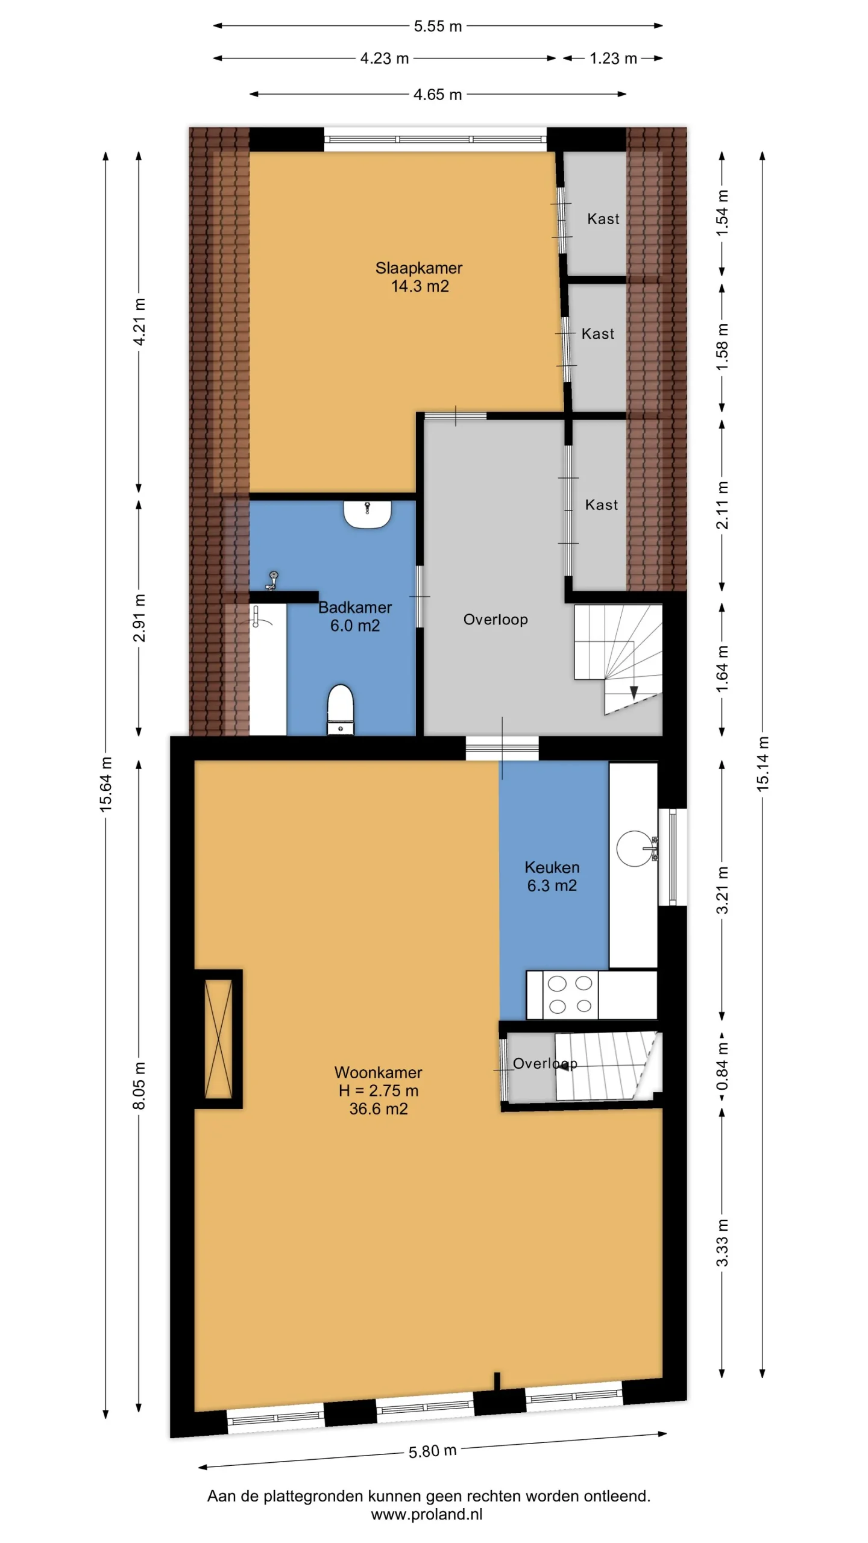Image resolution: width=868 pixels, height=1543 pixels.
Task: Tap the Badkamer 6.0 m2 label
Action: click(x=355, y=616)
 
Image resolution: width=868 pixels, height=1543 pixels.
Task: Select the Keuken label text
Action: click(x=552, y=867)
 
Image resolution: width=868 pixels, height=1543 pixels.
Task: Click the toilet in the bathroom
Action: click(x=341, y=709)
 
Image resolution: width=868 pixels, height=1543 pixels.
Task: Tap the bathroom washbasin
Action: click(x=367, y=514)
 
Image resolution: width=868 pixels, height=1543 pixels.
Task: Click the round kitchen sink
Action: click(x=634, y=849)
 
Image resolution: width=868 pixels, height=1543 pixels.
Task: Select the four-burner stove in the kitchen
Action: click(x=570, y=995)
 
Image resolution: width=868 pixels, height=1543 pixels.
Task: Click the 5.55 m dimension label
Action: click(x=438, y=26)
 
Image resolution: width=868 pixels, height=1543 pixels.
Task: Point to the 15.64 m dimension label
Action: click(x=106, y=784)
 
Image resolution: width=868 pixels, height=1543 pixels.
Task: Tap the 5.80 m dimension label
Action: click(x=432, y=1451)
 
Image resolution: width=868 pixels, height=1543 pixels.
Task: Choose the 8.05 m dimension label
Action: click(x=139, y=1086)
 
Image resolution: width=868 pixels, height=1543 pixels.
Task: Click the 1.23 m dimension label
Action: click(x=613, y=58)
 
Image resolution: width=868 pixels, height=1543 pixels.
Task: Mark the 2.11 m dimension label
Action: click(x=722, y=505)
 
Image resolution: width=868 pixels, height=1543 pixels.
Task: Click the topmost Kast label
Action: click(x=603, y=219)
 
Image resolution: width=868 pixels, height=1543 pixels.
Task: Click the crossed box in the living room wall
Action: click(x=218, y=1039)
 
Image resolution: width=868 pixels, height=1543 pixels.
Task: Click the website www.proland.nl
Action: click(x=427, y=1514)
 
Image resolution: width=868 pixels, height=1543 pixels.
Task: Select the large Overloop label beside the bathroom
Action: click(x=495, y=619)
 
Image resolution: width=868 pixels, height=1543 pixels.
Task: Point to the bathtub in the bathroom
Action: click(x=268, y=669)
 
